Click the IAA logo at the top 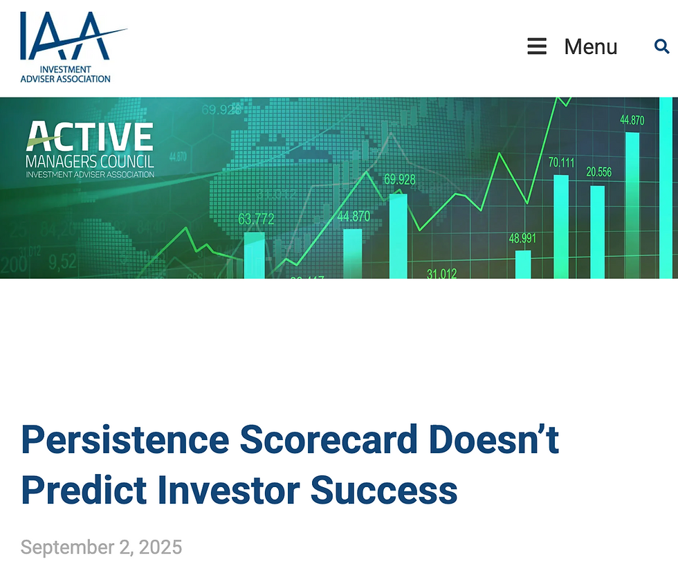click(66, 46)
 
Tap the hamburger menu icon click(537, 46)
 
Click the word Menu click(590, 46)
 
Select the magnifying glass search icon click(661, 46)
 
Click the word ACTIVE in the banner click(89, 137)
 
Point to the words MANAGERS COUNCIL click(89, 163)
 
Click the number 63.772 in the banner click(256, 219)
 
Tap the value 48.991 click(522, 239)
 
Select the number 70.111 click(561, 163)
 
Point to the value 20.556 click(598, 172)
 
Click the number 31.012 click(441, 273)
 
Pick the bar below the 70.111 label click(561, 226)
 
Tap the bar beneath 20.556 click(598, 232)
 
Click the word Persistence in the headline click(125, 440)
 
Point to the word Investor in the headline click(229, 490)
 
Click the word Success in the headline click(384, 490)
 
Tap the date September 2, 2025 click(101, 547)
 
